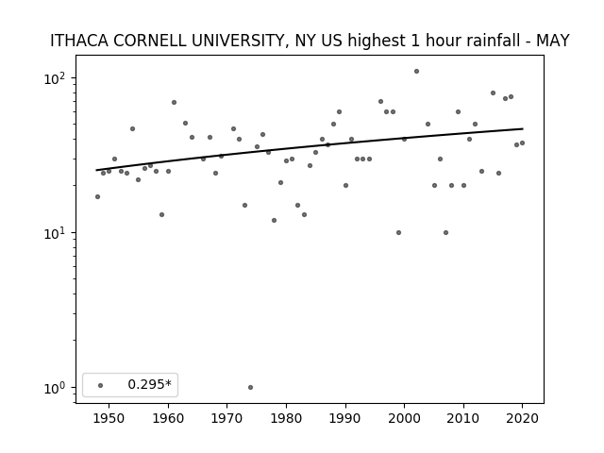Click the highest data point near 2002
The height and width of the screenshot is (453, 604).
416,72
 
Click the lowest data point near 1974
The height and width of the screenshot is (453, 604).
250,388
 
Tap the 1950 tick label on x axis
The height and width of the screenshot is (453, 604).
109,418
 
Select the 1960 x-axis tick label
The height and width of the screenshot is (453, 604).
168,418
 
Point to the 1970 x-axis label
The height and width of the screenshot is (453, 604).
227,418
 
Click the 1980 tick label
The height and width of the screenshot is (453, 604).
286,418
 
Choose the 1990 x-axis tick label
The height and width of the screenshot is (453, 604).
345,418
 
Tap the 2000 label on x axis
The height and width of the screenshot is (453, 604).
405,418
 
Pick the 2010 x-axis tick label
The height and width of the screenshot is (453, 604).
463,418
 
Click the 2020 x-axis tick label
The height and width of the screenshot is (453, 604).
523,418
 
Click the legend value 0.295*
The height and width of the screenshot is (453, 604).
149,384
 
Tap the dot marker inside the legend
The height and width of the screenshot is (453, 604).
101,385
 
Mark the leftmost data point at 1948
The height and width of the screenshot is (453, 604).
97,197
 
